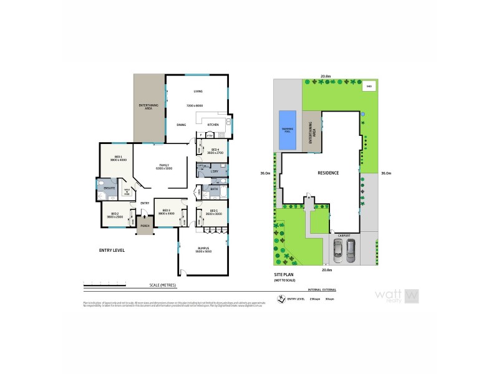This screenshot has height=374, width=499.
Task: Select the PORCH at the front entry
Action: [x=145, y=226]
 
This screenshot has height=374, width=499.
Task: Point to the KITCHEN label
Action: [x=213, y=125]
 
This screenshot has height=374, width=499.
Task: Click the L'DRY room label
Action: [x=213, y=170]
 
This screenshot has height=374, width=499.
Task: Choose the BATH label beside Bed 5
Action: [x=213, y=188]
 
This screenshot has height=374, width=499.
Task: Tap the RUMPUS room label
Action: [x=204, y=248]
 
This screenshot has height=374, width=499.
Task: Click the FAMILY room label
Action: [x=165, y=165]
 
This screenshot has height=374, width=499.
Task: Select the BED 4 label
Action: [x=215, y=150]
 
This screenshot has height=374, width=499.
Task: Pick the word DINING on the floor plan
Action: [x=182, y=125]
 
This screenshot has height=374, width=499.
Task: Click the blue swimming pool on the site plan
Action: [x=288, y=130]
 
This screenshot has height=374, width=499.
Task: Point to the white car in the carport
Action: [x=337, y=251]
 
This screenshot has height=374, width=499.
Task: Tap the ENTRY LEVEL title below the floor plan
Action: [x=112, y=250]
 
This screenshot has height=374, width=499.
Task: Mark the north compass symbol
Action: [x=281, y=299]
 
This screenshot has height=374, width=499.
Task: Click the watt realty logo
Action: [x=395, y=295]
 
